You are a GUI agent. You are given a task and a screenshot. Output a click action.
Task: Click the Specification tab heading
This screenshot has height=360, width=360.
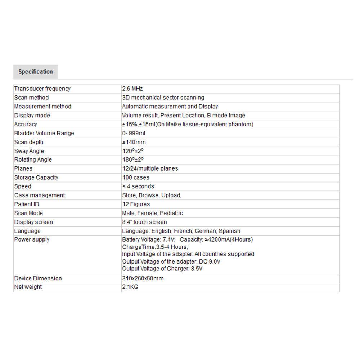click(35, 72)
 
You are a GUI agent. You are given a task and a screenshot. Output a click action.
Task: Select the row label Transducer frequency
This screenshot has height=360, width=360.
click(42, 89)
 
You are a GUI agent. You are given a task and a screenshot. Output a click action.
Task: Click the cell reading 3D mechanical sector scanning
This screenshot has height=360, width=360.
click(163, 98)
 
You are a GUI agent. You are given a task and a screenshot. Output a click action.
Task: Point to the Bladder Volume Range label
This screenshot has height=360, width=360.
click(44, 133)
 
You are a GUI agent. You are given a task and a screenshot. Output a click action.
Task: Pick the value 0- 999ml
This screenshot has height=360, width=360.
click(134, 133)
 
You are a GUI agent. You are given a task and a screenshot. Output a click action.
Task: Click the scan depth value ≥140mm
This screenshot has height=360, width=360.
click(134, 142)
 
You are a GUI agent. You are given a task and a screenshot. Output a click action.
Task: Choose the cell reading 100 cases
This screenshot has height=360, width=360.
click(135, 177)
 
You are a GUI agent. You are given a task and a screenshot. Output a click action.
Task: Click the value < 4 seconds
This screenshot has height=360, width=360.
click(138, 186)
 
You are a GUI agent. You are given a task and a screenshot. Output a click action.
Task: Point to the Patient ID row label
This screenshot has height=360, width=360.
click(27, 204)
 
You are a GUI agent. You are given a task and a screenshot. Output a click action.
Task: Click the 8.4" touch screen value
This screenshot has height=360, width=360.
click(144, 222)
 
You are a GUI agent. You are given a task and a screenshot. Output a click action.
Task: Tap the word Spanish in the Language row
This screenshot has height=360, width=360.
click(229, 231)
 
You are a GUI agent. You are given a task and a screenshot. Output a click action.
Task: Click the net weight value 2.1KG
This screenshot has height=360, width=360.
click(130, 287)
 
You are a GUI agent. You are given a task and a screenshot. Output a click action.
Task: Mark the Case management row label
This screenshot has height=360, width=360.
click(40, 195)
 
